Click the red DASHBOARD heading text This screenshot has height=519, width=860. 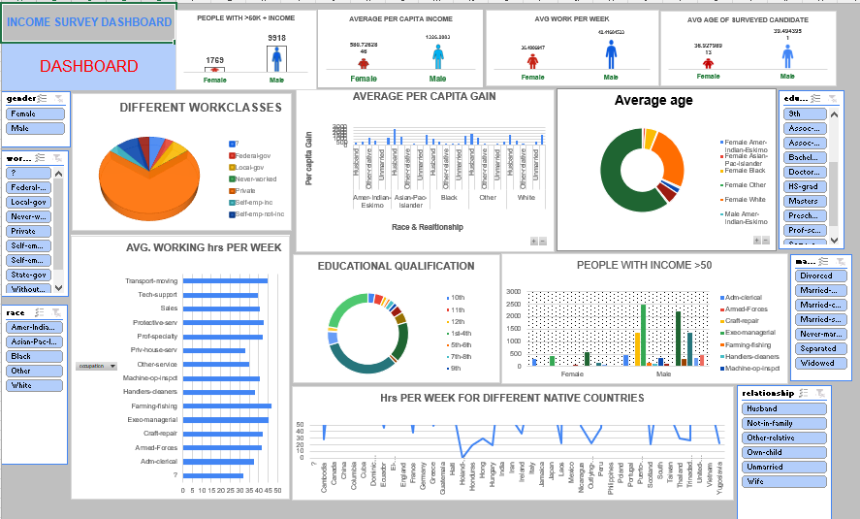click(88, 67)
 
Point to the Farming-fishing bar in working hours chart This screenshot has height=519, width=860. click(227, 406)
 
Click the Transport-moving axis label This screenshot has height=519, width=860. click(151, 280)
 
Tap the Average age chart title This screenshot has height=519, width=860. click(653, 100)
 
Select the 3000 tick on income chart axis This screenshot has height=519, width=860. click(513, 292)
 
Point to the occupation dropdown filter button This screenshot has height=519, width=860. click(96, 366)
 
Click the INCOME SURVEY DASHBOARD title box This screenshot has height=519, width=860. click(88, 22)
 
